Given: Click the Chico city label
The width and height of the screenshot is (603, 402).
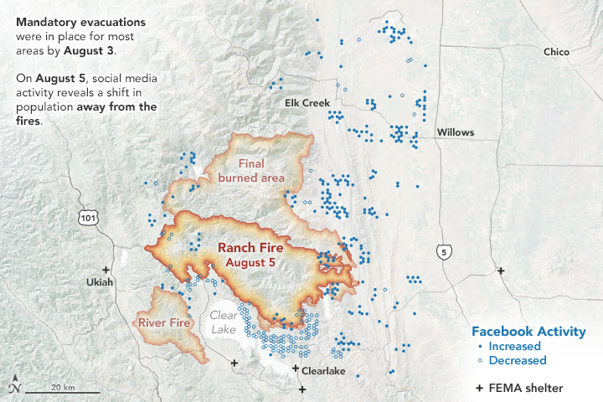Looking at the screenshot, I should coord(556,52).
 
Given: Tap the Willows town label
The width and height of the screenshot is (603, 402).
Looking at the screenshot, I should coord(455,132).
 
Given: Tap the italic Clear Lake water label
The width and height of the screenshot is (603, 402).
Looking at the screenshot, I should coord(224,322).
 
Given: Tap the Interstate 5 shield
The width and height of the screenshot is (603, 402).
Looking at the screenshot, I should coord(442,251).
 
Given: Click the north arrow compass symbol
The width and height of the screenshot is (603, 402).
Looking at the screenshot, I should coord(15,386).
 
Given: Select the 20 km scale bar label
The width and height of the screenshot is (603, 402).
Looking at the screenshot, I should coord(62,387).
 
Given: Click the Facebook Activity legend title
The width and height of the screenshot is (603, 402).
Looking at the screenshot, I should coord(528,331).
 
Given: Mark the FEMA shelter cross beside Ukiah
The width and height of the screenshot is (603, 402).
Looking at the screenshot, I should coord(106,270).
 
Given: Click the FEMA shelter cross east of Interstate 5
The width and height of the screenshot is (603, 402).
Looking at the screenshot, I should coord(501,271).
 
